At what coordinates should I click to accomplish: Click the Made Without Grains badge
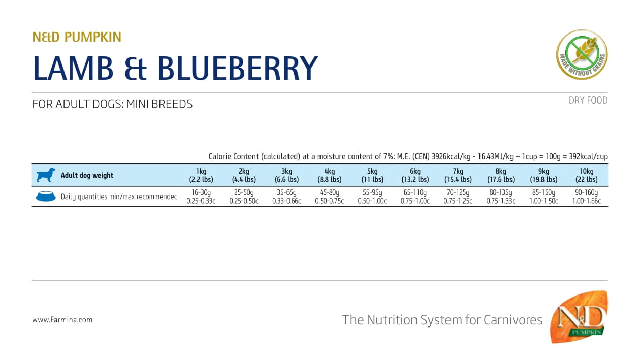pos(582,54)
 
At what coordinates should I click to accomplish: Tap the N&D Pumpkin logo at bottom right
pos(580,318)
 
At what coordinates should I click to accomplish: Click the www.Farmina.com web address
pos(62,320)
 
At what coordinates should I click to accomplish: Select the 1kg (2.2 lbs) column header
pos(201,175)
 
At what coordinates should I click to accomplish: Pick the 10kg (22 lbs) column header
pos(586,175)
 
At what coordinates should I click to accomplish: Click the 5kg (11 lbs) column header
pos(372,175)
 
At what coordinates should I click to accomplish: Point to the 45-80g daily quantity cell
pos(329,197)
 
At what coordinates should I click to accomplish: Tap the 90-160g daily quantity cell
pos(586,197)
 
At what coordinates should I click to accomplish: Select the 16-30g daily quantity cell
pos(201,197)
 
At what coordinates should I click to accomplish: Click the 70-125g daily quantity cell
pos(458,197)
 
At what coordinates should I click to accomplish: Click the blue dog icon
pos(45,175)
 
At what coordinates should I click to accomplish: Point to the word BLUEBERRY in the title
pos(237,69)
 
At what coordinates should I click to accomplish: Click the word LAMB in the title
pos(73,69)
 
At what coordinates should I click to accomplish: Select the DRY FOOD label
pos(588,101)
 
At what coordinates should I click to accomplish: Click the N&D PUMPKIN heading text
pos(77,37)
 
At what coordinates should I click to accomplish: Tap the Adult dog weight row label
pos(87,175)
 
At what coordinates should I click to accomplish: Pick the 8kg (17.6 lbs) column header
pos(501,175)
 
